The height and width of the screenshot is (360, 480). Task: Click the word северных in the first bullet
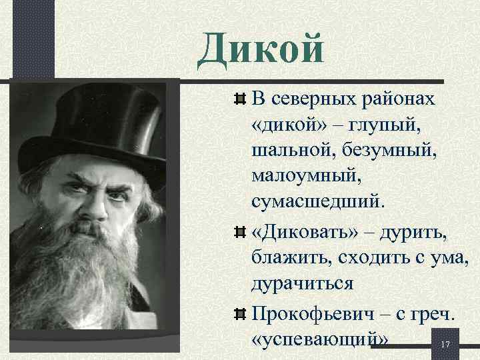coord(311,100)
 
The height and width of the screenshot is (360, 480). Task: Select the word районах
coord(402,100)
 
